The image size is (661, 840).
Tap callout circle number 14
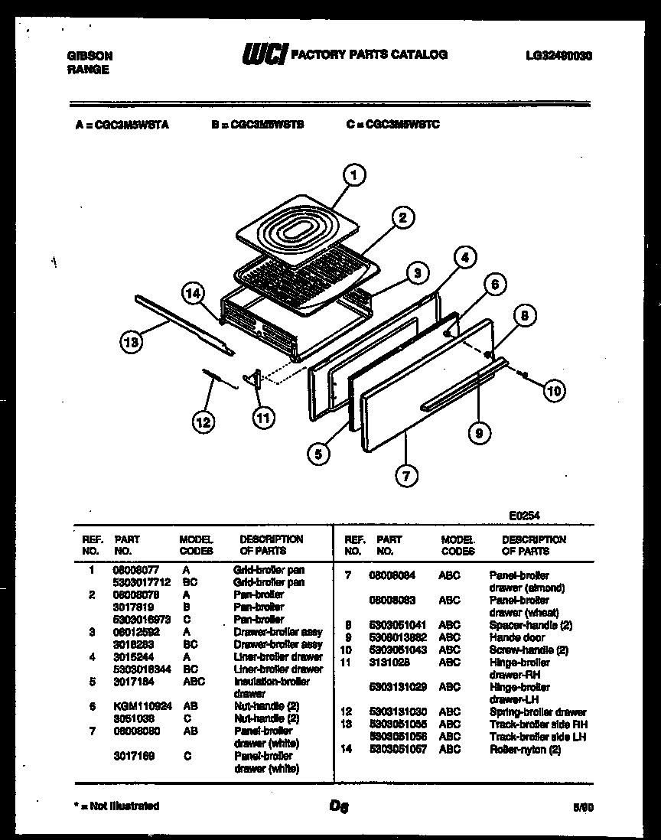(194, 294)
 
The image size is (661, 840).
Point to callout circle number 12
(203, 421)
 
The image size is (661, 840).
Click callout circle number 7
(406, 476)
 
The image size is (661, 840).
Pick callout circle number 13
(132, 343)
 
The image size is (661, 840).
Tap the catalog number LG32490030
(559, 56)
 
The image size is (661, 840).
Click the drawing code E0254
(524, 516)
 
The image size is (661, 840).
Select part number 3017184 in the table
(131, 681)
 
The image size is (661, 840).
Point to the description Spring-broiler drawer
(538, 712)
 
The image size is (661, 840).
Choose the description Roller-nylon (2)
(525, 749)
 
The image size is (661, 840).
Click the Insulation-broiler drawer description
(272, 687)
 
